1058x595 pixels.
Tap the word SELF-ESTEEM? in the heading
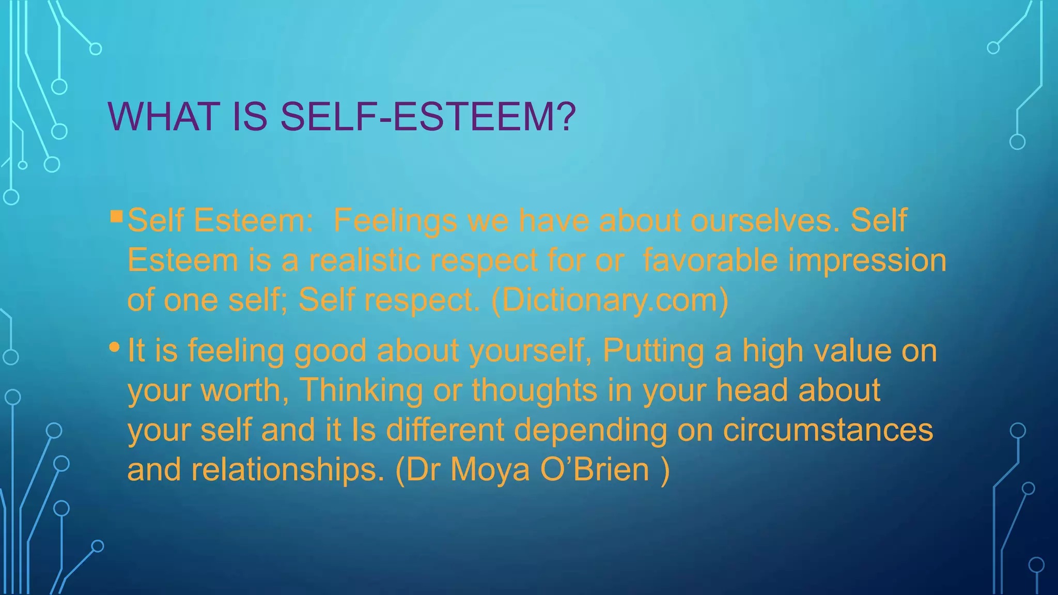pyautogui.click(x=428, y=117)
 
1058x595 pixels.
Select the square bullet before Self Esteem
pyautogui.click(x=116, y=215)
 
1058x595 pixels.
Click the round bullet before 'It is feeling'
pyautogui.click(x=115, y=347)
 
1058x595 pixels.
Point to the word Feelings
pyautogui.click(x=395, y=221)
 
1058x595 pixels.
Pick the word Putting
pyautogui.click(x=653, y=351)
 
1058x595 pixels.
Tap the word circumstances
pyautogui.click(x=828, y=430)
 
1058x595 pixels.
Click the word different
pyautogui.click(x=445, y=430)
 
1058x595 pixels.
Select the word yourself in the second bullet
pyautogui.click(x=530, y=351)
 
